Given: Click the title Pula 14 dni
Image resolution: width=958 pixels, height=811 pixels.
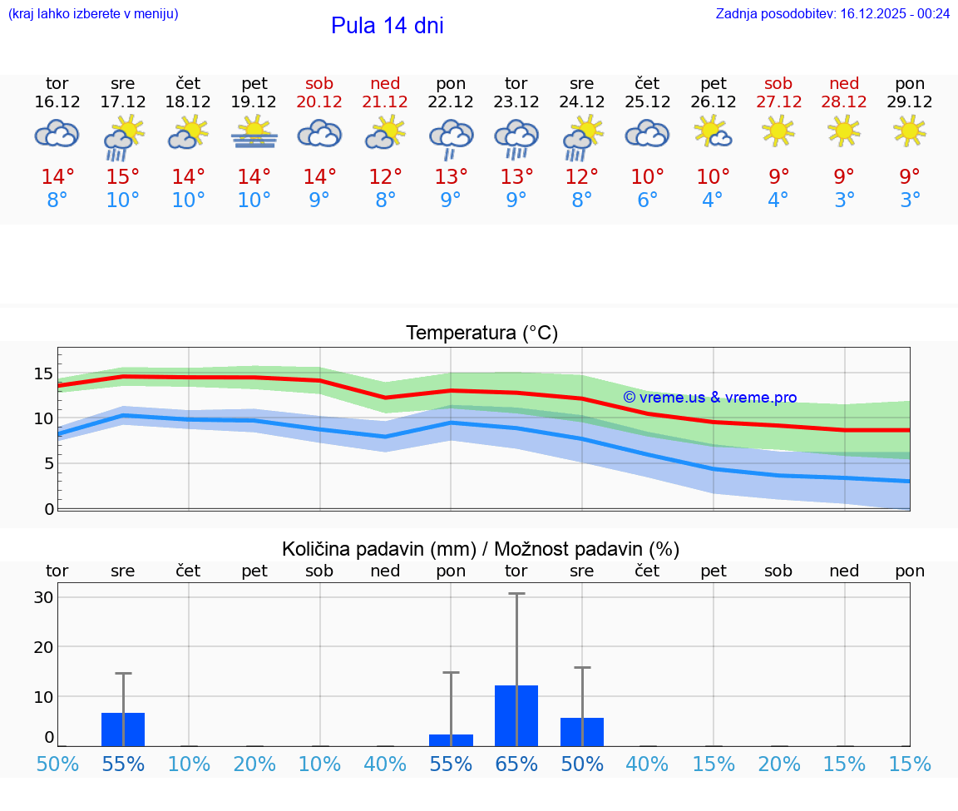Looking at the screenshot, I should pyautogui.click(x=387, y=26).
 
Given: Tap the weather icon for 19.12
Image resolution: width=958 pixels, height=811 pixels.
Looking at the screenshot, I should pyautogui.click(x=254, y=133).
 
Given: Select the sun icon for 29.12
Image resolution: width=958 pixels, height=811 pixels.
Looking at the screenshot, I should pyautogui.click(x=910, y=131).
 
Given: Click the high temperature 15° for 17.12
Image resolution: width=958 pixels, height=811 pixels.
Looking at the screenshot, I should pyautogui.click(x=123, y=177).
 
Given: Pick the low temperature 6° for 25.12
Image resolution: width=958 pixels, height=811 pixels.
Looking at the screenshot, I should pyautogui.click(x=647, y=200).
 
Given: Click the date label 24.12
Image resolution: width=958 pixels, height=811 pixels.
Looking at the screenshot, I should pyautogui.click(x=582, y=101).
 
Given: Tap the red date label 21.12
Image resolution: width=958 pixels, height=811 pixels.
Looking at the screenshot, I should pyautogui.click(x=385, y=101).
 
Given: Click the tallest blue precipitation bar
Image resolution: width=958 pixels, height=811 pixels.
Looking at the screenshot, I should pyautogui.click(x=516, y=715).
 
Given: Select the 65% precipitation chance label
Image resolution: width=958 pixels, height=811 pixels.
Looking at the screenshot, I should pyautogui.click(x=516, y=764).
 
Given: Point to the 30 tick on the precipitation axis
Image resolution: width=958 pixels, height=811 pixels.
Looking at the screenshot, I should pyautogui.click(x=43, y=597).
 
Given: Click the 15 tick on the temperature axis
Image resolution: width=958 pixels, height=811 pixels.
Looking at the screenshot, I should pyautogui.click(x=43, y=373).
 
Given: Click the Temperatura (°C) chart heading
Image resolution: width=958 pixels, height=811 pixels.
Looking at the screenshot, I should pyautogui.click(x=481, y=333).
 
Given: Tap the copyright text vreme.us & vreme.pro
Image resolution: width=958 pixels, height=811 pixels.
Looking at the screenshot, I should pyautogui.click(x=709, y=398).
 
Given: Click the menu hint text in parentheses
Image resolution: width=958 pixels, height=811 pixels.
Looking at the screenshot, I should pyautogui.click(x=93, y=13).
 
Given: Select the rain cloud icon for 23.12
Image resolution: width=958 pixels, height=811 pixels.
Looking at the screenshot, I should pyautogui.click(x=516, y=137).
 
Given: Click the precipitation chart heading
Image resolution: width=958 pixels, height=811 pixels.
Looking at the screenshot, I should pyautogui.click(x=481, y=549).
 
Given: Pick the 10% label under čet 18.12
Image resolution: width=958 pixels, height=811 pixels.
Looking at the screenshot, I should pyautogui.click(x=189, y=764).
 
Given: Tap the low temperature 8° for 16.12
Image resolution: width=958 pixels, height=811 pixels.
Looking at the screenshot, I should pyautogui.click(x=57, y=200).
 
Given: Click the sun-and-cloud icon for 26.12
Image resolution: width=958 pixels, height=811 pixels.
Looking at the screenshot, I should pyautogui.click(x=714, y=131).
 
